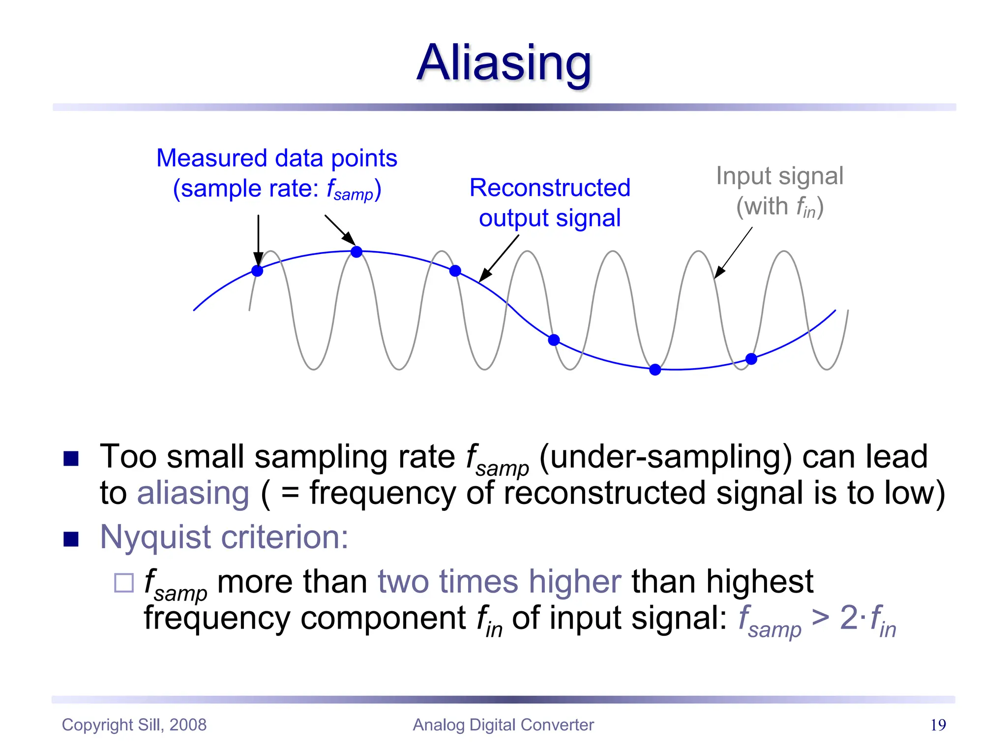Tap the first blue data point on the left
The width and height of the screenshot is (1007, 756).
[x=257, y=271]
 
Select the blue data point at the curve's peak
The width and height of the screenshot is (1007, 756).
[x=356, y=252]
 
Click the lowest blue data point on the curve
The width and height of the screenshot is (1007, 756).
[x=655, y=370]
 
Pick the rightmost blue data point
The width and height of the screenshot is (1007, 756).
[x=751, y=359]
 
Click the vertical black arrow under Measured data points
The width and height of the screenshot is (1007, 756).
[x=258, y=239]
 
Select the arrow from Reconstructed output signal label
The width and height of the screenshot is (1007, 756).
[x=499, y=258]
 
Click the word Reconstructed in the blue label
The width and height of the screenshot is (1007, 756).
[x=550, y=188]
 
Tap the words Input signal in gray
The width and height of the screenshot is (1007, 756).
[x=779, y=176]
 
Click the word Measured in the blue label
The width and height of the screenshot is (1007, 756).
[x=212, y=158]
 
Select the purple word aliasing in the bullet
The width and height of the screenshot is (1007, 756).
[x=193, y=493]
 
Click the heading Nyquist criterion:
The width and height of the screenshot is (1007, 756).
[x=224, y=537]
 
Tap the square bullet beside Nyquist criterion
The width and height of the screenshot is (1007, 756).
[x=71, y=539]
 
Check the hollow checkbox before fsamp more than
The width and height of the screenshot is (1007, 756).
[x=124, y=583]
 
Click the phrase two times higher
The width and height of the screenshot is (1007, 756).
[x=499, y=582]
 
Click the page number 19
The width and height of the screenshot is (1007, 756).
[x=938, y=725]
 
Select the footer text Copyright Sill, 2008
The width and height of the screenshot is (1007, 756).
[x=134, y=725]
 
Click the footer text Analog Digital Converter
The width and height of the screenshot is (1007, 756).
[x=503, y=725]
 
